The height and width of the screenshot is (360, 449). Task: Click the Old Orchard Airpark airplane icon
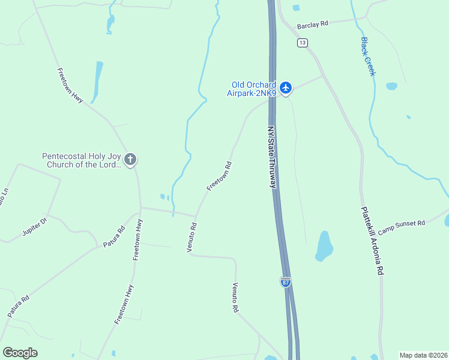click(286, 88)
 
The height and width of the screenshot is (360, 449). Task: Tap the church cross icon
click(130, 160)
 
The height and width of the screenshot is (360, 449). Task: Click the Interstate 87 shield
click(286, 281)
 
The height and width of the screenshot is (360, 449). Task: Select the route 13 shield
click(302, 42)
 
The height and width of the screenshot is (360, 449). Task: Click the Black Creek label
click(368, 56)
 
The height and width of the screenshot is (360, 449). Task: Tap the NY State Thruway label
click(272, 158)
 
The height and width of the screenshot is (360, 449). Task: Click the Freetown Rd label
click(219, 176)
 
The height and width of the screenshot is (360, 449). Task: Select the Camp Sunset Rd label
click(402, 223)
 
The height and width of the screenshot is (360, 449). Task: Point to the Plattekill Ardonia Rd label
click(371, 241)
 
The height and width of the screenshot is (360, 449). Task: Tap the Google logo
click(20, 353)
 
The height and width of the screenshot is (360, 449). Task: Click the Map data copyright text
click(424, 355)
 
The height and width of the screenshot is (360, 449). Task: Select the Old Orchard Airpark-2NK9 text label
click(253, 88)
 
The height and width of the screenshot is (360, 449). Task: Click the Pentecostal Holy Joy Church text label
click(82, 160)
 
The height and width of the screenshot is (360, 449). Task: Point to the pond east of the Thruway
click(324, 246)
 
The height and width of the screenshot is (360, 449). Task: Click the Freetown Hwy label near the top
click(70, 85)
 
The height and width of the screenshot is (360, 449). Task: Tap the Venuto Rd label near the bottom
click(236, 298)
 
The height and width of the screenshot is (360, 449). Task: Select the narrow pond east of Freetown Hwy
click(96, 81)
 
